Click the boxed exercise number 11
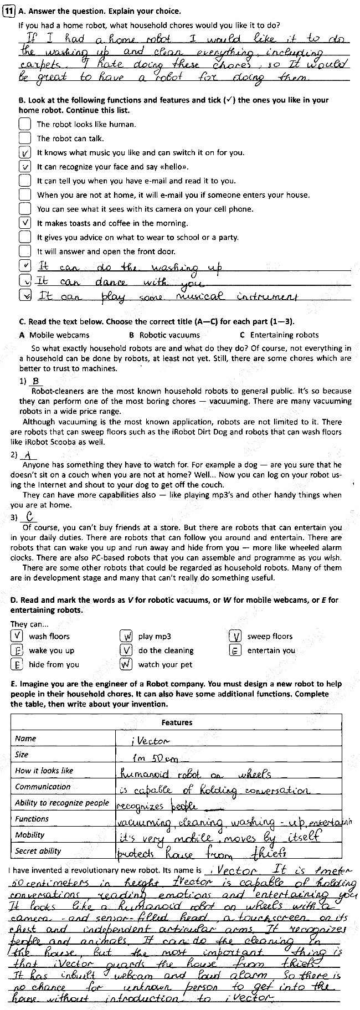(8, 10)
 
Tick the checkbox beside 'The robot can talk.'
(24, 138)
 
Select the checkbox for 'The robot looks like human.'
(24, 124)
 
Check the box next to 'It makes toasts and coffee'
(24, 223)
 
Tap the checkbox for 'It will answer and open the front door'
(24, 251)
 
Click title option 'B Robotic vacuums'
(164, 335)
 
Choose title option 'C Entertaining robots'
(279, 335)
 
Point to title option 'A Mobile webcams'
(54, 335)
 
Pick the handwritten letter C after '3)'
(31, 516)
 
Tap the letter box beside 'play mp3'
(127, 636)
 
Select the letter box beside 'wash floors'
(18, 636)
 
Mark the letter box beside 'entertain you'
(235, 650)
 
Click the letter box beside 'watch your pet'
(127, 664)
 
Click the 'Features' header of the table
(177, 722)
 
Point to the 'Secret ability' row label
(38, 851)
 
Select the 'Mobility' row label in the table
(30, 835)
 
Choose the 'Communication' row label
(43, 787)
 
